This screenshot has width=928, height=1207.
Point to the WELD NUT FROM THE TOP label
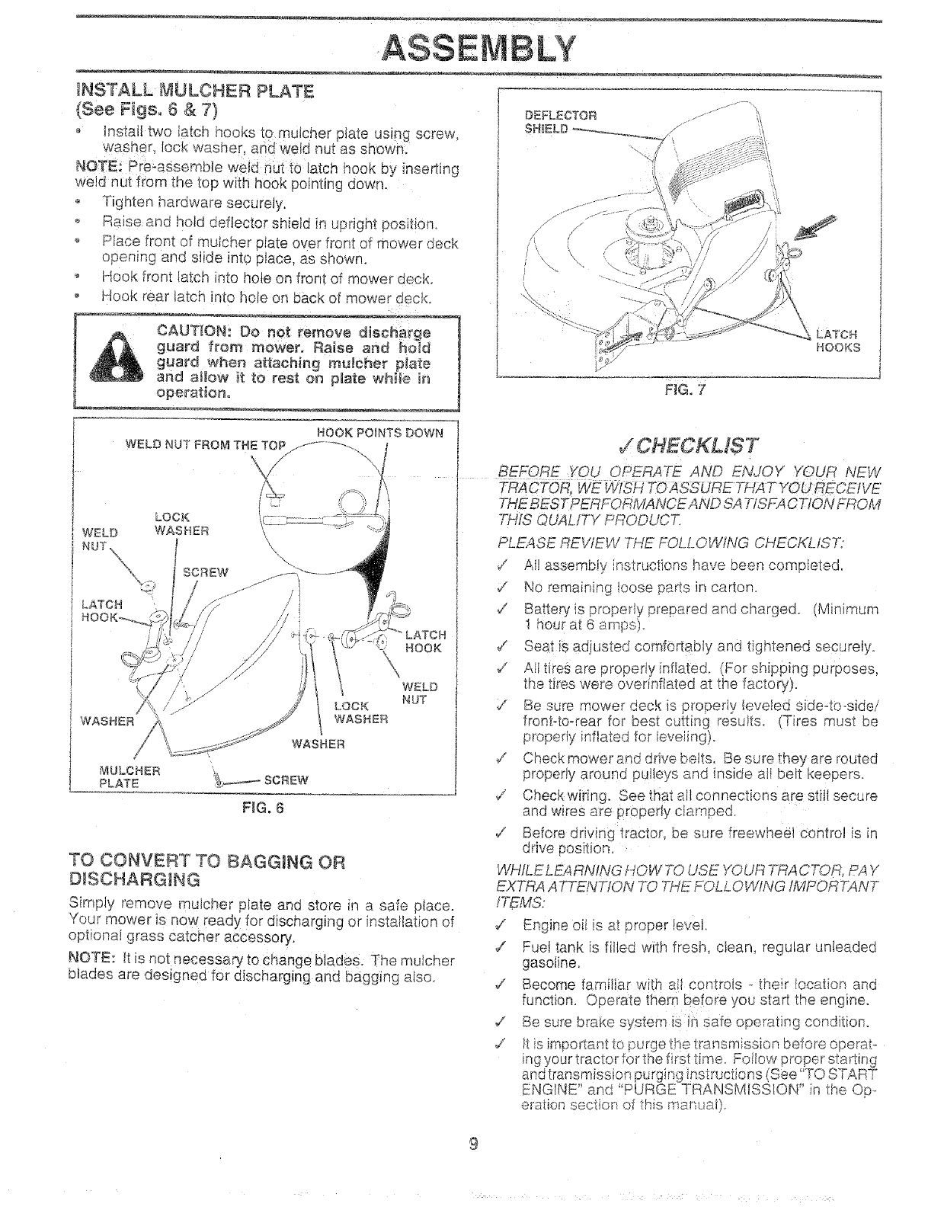pos(205,445)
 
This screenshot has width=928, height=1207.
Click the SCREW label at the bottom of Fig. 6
pos(287,780)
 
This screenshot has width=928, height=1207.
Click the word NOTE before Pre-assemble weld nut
pos(97,168)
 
